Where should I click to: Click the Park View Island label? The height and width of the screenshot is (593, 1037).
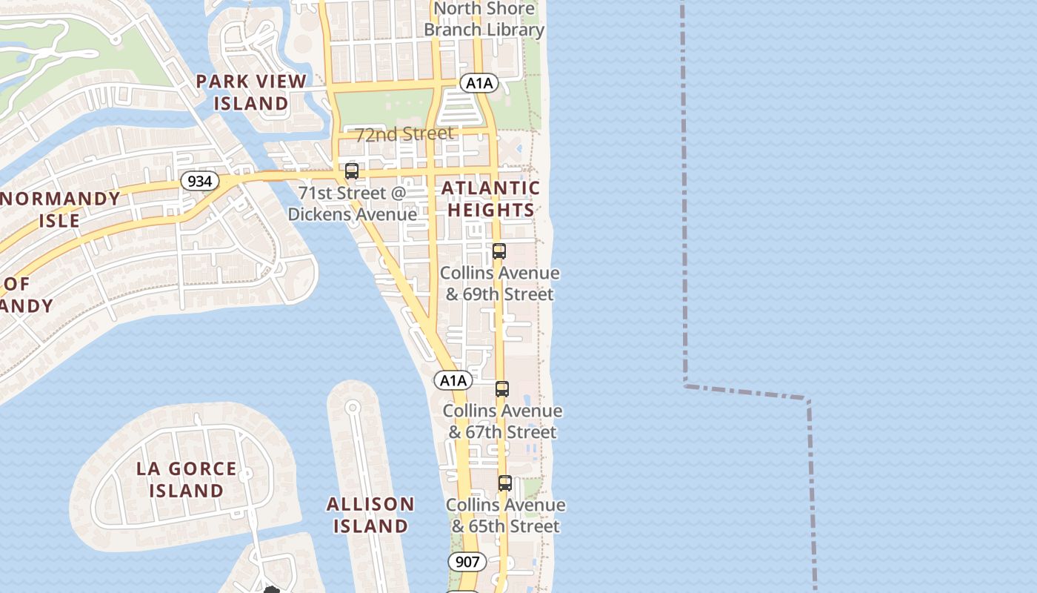251,93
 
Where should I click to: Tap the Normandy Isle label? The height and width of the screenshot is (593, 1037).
61,210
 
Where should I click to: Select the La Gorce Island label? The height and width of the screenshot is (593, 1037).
187,480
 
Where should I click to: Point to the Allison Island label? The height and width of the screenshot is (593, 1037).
370,515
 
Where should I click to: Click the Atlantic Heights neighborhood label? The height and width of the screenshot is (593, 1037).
490,199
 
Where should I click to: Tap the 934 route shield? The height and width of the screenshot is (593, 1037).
199,181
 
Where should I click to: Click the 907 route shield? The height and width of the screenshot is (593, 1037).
467,562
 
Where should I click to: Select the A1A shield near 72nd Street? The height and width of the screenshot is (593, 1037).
479,83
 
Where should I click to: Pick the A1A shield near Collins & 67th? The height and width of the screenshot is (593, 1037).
453,381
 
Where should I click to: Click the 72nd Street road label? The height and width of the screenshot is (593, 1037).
404,134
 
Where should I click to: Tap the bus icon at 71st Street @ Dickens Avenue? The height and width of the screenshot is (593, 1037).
352,171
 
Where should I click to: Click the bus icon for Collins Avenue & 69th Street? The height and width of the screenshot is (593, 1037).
499,251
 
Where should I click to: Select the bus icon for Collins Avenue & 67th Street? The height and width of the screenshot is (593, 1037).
502,389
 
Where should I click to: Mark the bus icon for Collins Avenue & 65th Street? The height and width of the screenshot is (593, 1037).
505,483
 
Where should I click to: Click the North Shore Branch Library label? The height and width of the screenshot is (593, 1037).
484,19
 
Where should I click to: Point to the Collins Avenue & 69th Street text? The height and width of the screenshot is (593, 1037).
500,284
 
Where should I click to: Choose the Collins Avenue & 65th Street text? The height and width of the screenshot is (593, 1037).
505,516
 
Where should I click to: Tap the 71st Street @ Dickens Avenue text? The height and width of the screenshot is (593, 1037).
353,204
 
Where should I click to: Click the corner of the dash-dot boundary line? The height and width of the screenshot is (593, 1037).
686,384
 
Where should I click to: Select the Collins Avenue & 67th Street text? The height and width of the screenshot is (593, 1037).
502,422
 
